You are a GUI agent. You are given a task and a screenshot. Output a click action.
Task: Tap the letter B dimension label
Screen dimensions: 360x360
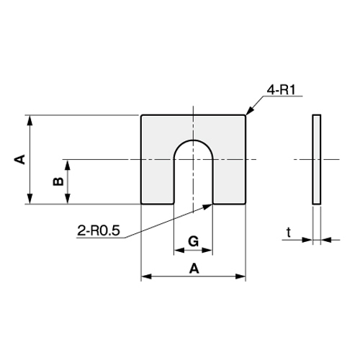pos(57,182)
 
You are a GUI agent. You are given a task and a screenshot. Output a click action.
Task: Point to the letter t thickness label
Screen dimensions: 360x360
pos(288,232)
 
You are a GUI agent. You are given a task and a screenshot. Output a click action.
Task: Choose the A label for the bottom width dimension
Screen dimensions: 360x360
pos(193,268)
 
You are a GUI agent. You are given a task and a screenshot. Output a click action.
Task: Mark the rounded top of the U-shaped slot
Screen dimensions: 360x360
pos(193,141)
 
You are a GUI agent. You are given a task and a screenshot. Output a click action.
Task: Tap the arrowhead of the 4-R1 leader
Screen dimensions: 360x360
pos(248,114)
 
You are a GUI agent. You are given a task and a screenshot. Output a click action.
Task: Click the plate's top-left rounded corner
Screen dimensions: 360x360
pos(142,116)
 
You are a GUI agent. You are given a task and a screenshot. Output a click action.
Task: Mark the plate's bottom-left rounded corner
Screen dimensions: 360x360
pos(142,203)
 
